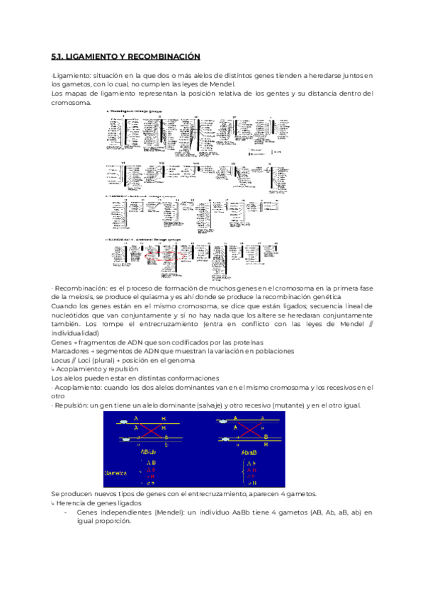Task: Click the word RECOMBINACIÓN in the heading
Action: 166,56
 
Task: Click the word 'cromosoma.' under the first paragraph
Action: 72,103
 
